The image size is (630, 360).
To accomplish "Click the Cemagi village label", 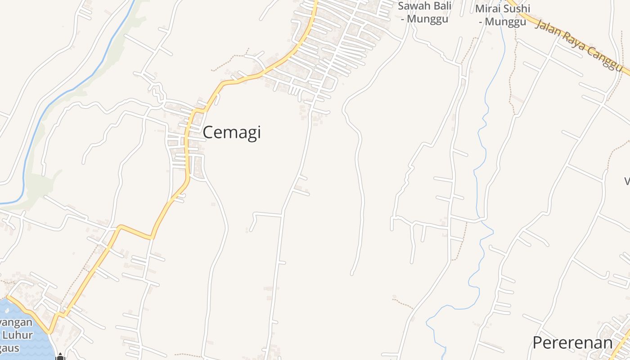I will (231, 133).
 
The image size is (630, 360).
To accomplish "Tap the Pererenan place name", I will (572, 343).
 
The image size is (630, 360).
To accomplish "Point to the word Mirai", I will (489, 9).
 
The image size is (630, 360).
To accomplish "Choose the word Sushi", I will (518, 9).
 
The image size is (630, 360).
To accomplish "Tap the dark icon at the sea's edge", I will (60, 357).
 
